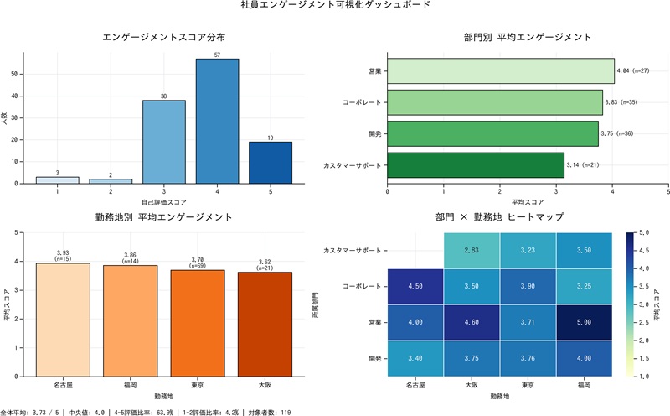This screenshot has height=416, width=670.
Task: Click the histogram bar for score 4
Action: point(217,121)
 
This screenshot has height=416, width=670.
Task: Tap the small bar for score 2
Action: point(111,180)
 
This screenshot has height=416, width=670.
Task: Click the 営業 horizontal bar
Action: point(500,71)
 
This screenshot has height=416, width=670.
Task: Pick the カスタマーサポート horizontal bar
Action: point(475,165)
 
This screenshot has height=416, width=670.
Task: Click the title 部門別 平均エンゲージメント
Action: point(527,38)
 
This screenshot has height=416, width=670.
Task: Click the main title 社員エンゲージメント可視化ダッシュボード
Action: point(335,6)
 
